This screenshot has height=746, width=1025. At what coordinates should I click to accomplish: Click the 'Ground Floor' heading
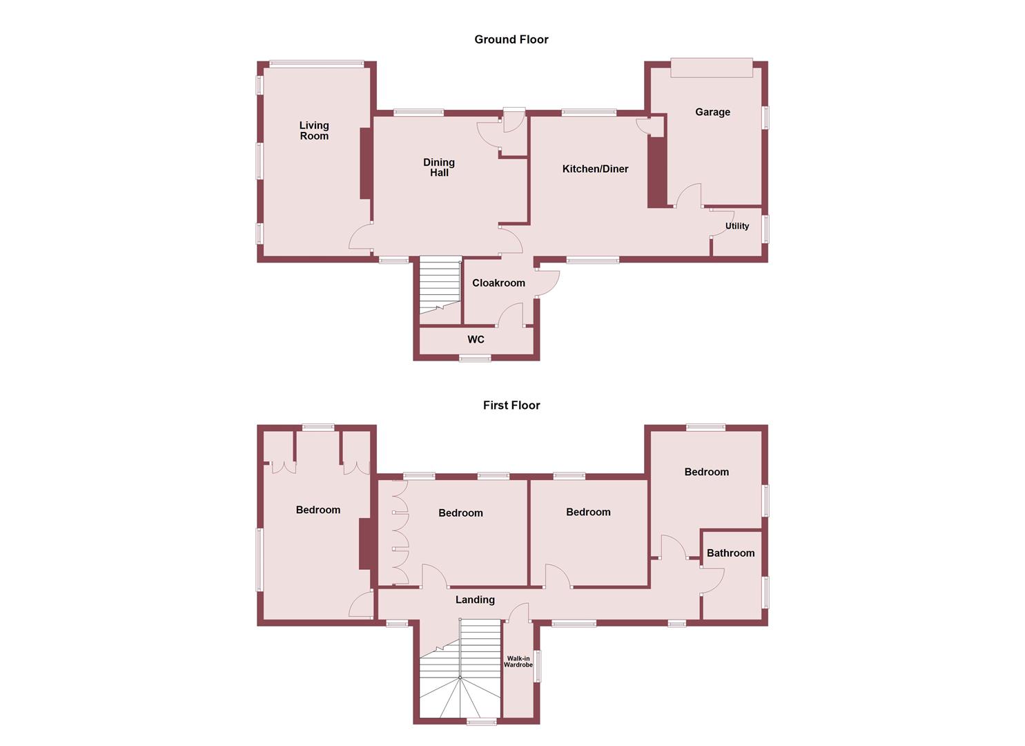(x=511, y=39)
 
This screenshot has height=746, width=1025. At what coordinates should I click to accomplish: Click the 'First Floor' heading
(x=511, y=405)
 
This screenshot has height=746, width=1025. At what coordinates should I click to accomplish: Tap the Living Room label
(x=314, y=131)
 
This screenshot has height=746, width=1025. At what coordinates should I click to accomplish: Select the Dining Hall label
(x=439, y=168)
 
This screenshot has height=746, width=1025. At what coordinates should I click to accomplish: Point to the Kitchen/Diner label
(x=595, y=169)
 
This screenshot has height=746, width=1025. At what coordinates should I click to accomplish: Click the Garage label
(x=712, y=112)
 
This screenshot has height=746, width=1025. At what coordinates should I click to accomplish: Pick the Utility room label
(x=736, y=226)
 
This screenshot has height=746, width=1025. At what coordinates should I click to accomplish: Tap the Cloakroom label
(x=498, y=283)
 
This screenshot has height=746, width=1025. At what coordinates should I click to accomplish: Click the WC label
(x=476, y=340)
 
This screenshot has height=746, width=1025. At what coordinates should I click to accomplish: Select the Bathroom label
(x=730, y=553)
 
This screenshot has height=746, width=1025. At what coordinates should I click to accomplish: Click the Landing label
(x=475, y=600)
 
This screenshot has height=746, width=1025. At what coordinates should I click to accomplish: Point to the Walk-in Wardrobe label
(x=518, y=662)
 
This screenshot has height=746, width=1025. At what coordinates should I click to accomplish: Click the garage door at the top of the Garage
(x=712, y=68)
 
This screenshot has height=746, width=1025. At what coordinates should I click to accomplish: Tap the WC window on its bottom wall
(x=476, y=358)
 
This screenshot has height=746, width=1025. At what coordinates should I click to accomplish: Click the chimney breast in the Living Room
(x=365, y=164)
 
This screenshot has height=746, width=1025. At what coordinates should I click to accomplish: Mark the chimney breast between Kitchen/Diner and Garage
(x=656, y=172)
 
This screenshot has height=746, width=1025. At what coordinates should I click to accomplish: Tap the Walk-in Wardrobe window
(x=538, y=666)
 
